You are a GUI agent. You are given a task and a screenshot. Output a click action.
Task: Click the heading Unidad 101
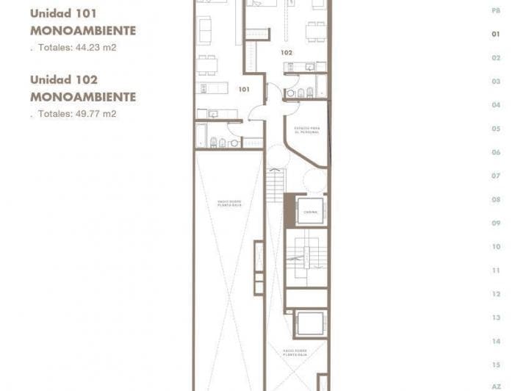click(63, 13)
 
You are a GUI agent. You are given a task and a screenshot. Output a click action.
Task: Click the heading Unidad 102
click(63, 79)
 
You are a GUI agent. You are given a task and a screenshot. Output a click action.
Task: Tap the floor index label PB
click(496, 10)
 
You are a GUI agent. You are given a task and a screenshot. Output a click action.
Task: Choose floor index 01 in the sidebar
click(496, 34)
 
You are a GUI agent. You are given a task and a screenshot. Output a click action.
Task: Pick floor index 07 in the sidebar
click(496, 176)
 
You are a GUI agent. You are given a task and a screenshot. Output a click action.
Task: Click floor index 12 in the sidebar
click(496, 294)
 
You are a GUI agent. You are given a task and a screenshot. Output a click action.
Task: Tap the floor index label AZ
click(496, 386)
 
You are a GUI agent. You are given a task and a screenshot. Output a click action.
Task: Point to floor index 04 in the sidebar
click(496, 105)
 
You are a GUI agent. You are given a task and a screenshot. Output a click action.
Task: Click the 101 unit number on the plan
click(244, 89)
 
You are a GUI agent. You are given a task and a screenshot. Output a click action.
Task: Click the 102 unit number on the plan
click(287, 53)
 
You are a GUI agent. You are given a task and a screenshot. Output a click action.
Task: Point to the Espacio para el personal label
click(306, 130)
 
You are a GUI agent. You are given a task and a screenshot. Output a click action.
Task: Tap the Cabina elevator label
click(309, 211)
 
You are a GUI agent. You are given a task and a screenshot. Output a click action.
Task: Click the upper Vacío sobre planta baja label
click(228, 203)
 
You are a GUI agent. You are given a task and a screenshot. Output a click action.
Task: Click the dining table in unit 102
click(316, 31)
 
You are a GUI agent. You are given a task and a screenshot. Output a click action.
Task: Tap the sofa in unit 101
click(204, 29)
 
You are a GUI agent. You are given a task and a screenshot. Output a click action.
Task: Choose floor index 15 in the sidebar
click(496, 365)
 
